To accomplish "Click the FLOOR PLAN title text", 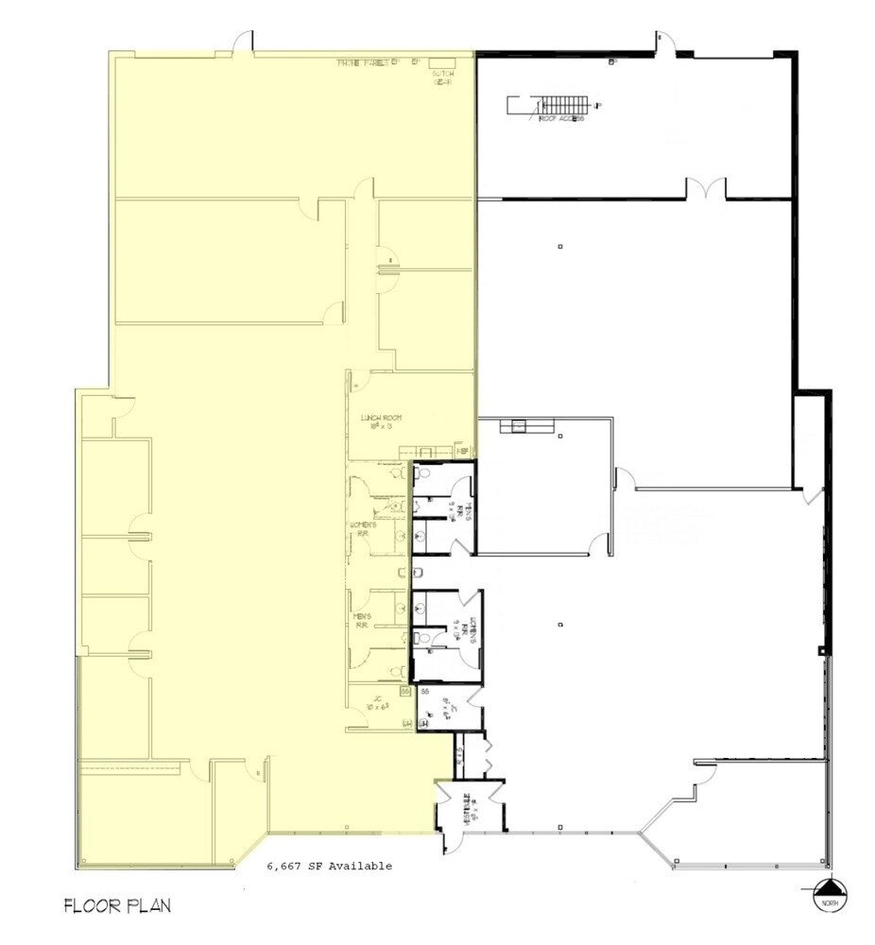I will (x=117, y=905).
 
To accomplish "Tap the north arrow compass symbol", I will (x=828, y=890).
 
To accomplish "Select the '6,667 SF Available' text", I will (x=328, y=866).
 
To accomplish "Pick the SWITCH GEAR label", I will (x=443, y=78).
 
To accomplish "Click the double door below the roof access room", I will (x=706, y=189).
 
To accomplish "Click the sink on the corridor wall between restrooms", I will (x=418, y=573).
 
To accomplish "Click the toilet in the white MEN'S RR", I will (x=425, y=473).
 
